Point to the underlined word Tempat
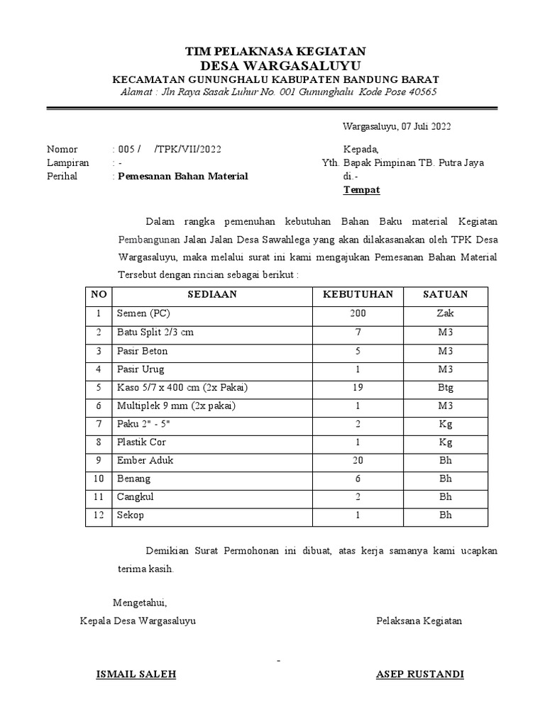362,189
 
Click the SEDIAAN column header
211,294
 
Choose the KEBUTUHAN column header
358,294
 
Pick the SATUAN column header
445,294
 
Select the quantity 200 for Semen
358,313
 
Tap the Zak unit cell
445,313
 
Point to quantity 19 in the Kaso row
358,387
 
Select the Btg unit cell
445,387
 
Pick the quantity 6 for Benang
358,479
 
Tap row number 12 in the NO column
98,515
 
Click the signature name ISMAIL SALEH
136,674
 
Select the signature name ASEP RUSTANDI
419,674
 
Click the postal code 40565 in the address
422,93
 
